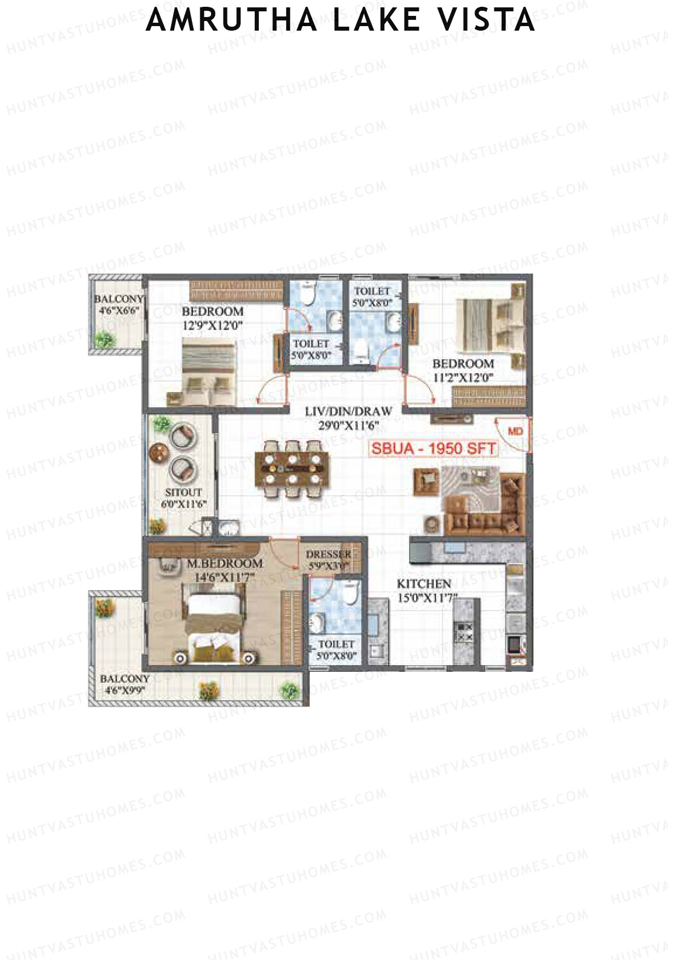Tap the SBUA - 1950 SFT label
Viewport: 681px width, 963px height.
[434, 448]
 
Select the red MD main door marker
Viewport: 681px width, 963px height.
[515, 432]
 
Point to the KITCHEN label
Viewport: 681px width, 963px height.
[424, 584]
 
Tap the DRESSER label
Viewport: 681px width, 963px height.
[328, 554]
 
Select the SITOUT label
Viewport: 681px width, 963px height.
[183, 493]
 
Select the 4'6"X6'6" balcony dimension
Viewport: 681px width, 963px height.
[118, 310]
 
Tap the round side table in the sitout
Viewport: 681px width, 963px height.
[157, 453]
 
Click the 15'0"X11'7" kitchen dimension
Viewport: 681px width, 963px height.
[427, 596]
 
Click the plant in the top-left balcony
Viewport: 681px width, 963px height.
[104, 339]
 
